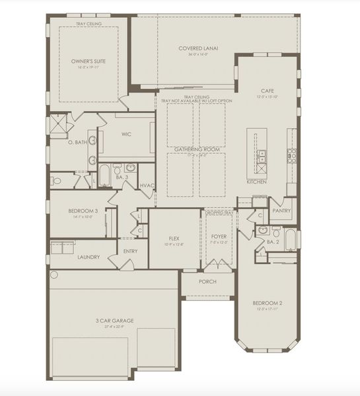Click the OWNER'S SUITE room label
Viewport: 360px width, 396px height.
pos(89,61)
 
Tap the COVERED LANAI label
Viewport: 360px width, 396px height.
pos(198,48)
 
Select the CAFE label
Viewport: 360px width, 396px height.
pos(267,90)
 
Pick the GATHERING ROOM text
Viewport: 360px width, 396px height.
pos(196,150)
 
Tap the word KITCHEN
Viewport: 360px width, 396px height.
pos(256,181)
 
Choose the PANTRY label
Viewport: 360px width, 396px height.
pos(281,211)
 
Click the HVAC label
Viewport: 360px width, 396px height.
pos(147,185)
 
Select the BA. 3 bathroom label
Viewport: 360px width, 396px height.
pos(122,178)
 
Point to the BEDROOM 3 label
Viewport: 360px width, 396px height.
pos(83,211)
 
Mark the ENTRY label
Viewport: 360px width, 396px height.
pos(130,250)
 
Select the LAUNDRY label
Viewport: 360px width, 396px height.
pos(88,257)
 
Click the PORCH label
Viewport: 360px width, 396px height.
pos(208,281)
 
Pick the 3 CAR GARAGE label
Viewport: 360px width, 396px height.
pos(115,321)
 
